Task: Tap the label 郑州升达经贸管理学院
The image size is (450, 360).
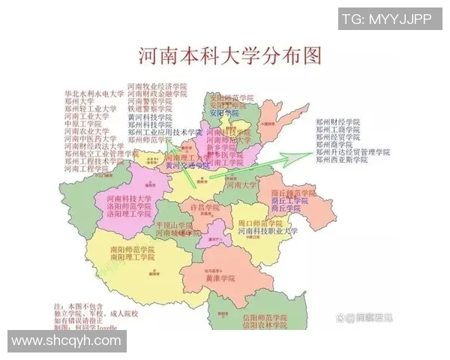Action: click(x=352, y=152)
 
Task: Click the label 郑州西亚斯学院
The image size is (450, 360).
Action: click(x=341, y=160)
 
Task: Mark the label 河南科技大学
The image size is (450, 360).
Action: click(x=124, y=198)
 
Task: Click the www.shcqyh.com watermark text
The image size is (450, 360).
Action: click(x=66, y=340)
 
